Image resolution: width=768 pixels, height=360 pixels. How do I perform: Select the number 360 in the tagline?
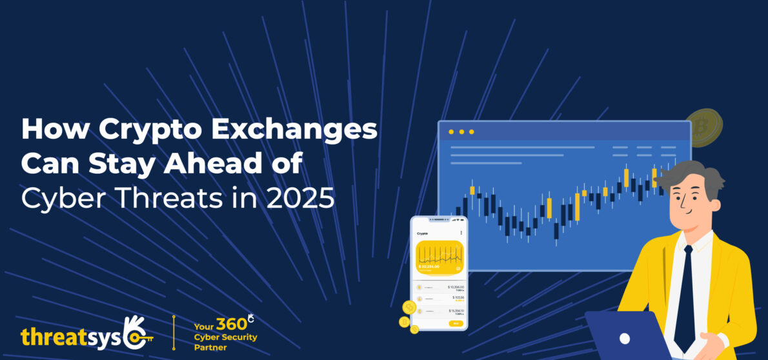(231, 325)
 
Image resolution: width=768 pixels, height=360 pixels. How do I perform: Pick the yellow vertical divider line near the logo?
(173, 333)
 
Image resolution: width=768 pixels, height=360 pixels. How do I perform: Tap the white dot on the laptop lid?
(624, 338)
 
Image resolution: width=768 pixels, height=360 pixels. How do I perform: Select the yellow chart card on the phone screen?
(440, 256)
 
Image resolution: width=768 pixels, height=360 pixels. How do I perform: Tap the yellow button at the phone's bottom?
(456, 323)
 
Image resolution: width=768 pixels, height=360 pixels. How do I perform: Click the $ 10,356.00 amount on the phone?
(455, 286)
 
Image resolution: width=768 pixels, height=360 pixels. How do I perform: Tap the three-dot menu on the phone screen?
(461, 232)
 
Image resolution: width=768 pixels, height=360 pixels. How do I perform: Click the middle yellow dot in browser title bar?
(461, 132)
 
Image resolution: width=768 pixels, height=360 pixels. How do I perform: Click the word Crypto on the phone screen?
(422, 233)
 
